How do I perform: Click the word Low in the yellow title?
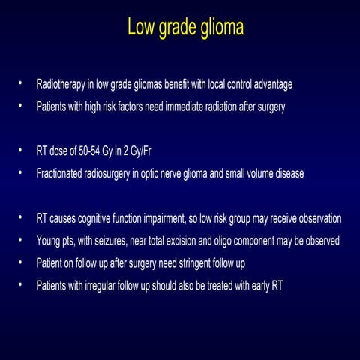(141, 28)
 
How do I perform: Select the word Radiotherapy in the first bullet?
(62, 83)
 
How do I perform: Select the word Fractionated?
(63, 173)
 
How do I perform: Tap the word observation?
(316, 219)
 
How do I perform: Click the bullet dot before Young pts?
(22, 241)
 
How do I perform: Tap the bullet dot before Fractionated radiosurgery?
(22, 173)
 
